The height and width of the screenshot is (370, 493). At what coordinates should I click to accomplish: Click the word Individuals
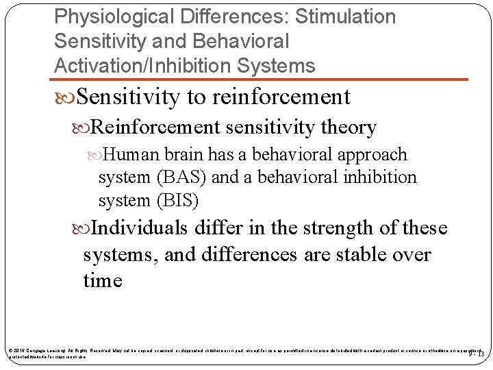(x=141, y=227)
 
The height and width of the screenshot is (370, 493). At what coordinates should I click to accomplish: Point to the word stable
(x=364, y=255)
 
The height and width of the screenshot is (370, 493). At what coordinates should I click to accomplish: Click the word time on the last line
(x=102, y=281)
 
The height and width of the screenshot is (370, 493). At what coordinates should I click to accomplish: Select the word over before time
(x=413, y=255)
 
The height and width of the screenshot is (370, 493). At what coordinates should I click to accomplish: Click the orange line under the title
(x=260, y=80)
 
